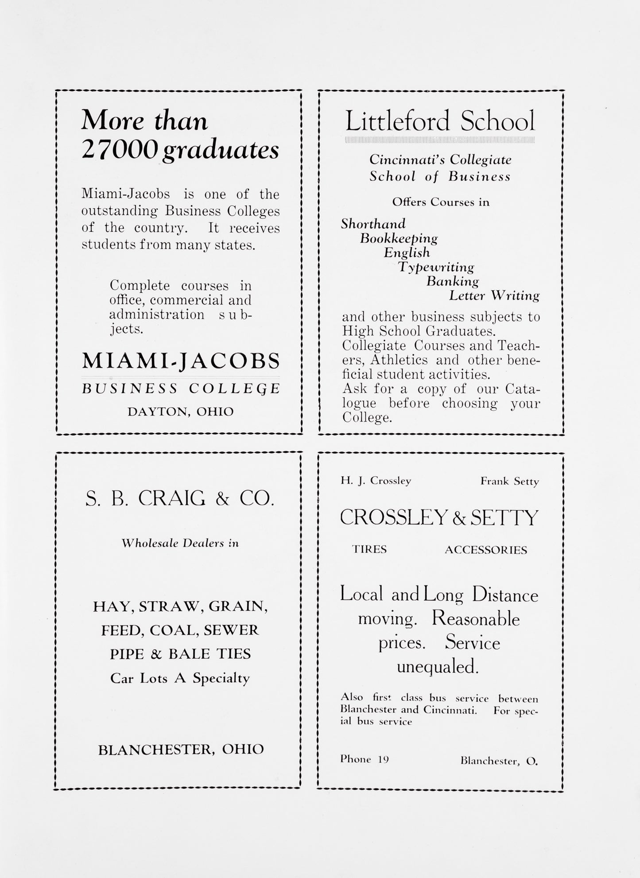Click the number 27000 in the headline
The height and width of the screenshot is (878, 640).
[120, 150]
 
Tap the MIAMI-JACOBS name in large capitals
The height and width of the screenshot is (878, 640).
[181, 361]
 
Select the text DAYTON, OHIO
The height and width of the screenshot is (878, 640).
[180, 412]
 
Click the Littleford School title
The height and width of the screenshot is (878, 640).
[440, 121]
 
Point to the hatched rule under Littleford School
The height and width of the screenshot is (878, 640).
[440, 140]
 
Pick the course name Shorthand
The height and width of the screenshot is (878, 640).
[373, 224]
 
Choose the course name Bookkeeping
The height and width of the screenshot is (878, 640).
[399, 238]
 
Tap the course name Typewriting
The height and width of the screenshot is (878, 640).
[436, 267]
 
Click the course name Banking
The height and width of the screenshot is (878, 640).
[452, 281]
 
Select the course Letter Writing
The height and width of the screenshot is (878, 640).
[494, 295]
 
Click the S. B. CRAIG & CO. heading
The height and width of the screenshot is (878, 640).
[179, 499]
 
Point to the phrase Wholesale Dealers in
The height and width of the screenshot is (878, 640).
[180, 543]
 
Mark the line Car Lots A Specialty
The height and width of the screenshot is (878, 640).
[180, 678]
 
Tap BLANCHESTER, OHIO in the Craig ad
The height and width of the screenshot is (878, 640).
[181, 749]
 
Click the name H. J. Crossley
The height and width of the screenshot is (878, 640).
[376, 481]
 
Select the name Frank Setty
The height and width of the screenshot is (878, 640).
[509, 482]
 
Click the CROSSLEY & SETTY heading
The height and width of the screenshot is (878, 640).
[439, 517]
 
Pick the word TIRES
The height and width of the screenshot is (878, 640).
[369, 549]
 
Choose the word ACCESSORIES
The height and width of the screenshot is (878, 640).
[486, 550]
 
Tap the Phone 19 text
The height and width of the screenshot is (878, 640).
[365, 759]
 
